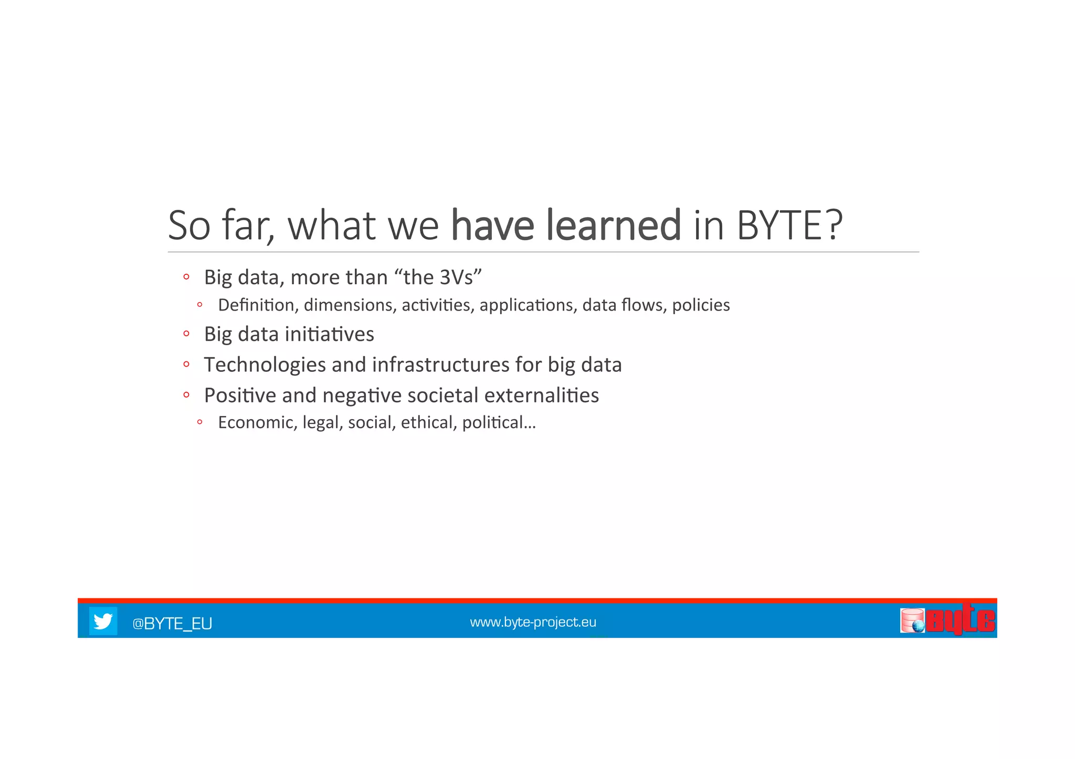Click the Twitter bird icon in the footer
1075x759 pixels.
click(103, 621)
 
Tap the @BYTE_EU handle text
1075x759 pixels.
click(172, 623)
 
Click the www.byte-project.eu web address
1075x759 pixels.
click(533, 622)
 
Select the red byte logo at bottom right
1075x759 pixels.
click(960, 621)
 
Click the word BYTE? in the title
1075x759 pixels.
click(789, 226)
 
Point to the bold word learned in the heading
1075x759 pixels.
click(613, 226)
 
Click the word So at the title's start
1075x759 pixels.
click(189, 226)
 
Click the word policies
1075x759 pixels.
click(701, 305)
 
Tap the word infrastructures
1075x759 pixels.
click(440, 365)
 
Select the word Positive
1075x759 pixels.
click(240, 395)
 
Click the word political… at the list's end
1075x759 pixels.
click(499, 422)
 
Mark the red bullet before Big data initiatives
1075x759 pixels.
click(186, 333)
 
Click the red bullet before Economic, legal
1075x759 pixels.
click(200, 422)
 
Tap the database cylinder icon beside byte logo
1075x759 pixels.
click(912, 621)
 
